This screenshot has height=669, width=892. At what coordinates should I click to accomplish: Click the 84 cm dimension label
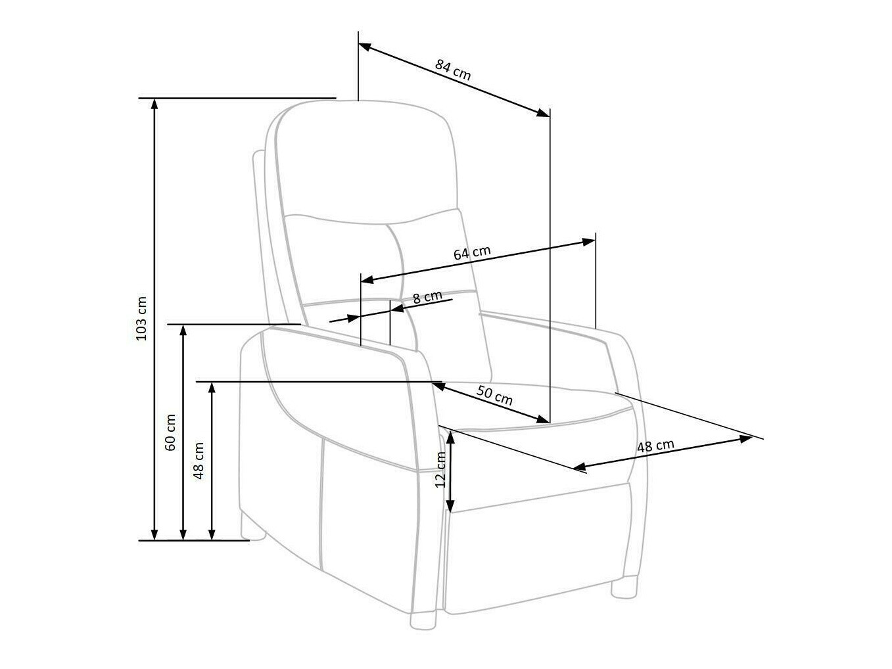click(453, 69)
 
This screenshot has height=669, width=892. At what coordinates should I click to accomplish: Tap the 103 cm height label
click(141, 318)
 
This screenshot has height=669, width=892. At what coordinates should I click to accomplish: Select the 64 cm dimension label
click(472, 253)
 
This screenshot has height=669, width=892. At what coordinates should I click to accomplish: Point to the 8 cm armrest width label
click(427, 297)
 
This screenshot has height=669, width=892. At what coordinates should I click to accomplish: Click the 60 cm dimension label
click(170, 432)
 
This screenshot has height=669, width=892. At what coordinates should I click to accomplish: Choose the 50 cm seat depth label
click(494, 396)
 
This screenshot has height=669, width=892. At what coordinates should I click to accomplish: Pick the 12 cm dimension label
click(440, 469)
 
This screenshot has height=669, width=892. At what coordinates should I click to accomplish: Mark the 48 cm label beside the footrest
click(655, 446)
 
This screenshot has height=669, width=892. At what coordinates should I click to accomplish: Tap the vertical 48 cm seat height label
click(199, 459)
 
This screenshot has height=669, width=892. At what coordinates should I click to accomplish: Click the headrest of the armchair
click(365, 161)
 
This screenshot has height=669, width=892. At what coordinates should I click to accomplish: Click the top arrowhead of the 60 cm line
click(183, 330)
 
